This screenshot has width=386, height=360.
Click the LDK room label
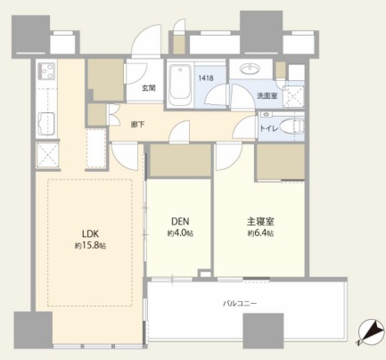tap(90, 233)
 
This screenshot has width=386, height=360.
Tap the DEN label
tap(180, 222)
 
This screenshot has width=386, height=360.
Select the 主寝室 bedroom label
tap(260, 222)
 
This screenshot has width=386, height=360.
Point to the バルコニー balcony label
tap(240, 304)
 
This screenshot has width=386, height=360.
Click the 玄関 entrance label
tap(148, 88)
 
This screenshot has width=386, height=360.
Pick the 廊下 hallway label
tap(138, 125)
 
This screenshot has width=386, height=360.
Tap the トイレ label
tap(269, 128)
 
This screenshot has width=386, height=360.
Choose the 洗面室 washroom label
tap(267, 96)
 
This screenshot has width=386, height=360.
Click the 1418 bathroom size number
tap(206, 78)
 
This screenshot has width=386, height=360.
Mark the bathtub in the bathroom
tap(180, 85)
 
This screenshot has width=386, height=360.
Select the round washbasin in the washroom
tap(250, 70)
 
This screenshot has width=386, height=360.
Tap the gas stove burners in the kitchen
tap(46, 70)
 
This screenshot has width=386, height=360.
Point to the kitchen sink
tap(46, 124)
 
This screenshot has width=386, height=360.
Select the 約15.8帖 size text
tap(90, 246)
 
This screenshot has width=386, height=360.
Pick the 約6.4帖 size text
tap(260, 233)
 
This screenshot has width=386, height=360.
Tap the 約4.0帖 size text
tap(180, 233)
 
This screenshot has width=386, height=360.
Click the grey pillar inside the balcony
tap(263, 331)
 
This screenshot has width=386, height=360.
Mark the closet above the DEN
tap(180, 160)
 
